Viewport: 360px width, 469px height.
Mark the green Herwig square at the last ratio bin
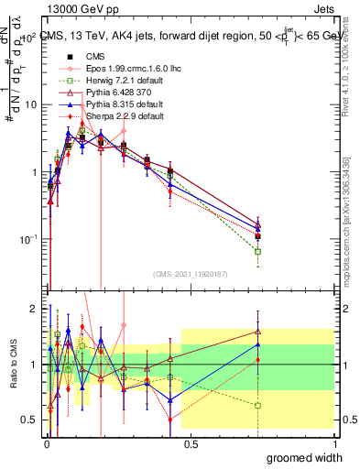[258, 405]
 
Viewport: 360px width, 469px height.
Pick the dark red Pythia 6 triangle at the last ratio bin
[258, 333]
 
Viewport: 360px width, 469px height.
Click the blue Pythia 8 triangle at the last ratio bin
[258, 344]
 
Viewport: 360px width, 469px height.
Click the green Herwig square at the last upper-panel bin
[258, 251]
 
